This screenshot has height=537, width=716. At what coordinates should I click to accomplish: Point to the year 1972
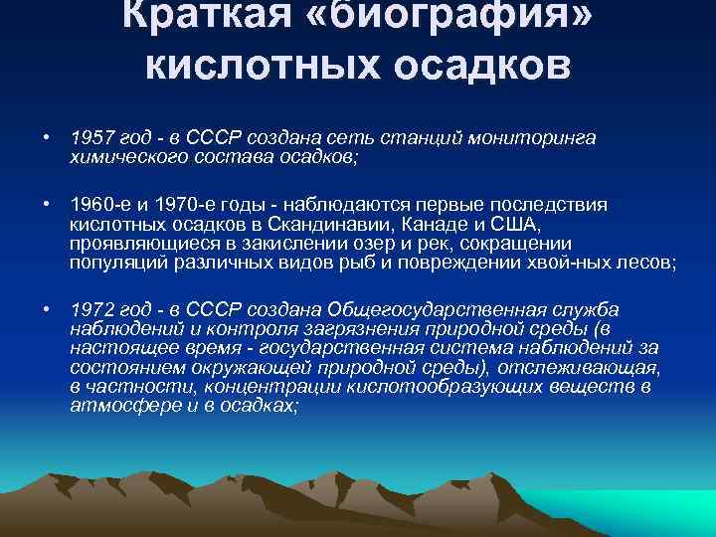pyautogui.click(x=90, y=311)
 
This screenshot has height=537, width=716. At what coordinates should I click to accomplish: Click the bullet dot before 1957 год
pyautogui.click(x=46, y=139)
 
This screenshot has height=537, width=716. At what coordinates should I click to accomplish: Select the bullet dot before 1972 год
pyautogui.click(x=46, y=312)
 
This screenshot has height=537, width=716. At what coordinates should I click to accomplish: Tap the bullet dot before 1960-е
pyautogui.click(x=46, y=204)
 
